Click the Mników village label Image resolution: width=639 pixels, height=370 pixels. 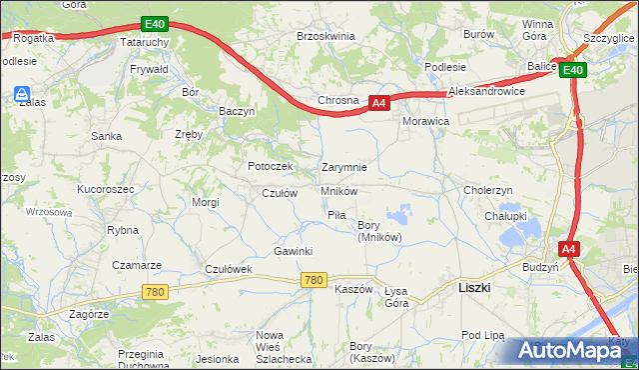(339, 191)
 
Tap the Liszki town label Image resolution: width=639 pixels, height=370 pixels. (472, 287)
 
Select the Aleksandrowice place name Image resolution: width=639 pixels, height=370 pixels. (487, 91)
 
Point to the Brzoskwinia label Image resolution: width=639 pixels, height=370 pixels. (325, 36)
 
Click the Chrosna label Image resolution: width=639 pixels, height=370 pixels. (337, 101)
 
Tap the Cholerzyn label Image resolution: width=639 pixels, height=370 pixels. (488, 190)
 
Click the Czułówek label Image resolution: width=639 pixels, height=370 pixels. (232, 270)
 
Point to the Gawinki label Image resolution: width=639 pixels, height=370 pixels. (294, 251)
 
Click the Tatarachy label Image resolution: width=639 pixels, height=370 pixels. (142, 44)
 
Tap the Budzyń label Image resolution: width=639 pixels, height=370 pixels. (540, 268)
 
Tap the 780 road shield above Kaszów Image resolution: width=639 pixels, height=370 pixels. (313, 281)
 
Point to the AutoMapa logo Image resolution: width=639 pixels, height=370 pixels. (570, 350)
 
